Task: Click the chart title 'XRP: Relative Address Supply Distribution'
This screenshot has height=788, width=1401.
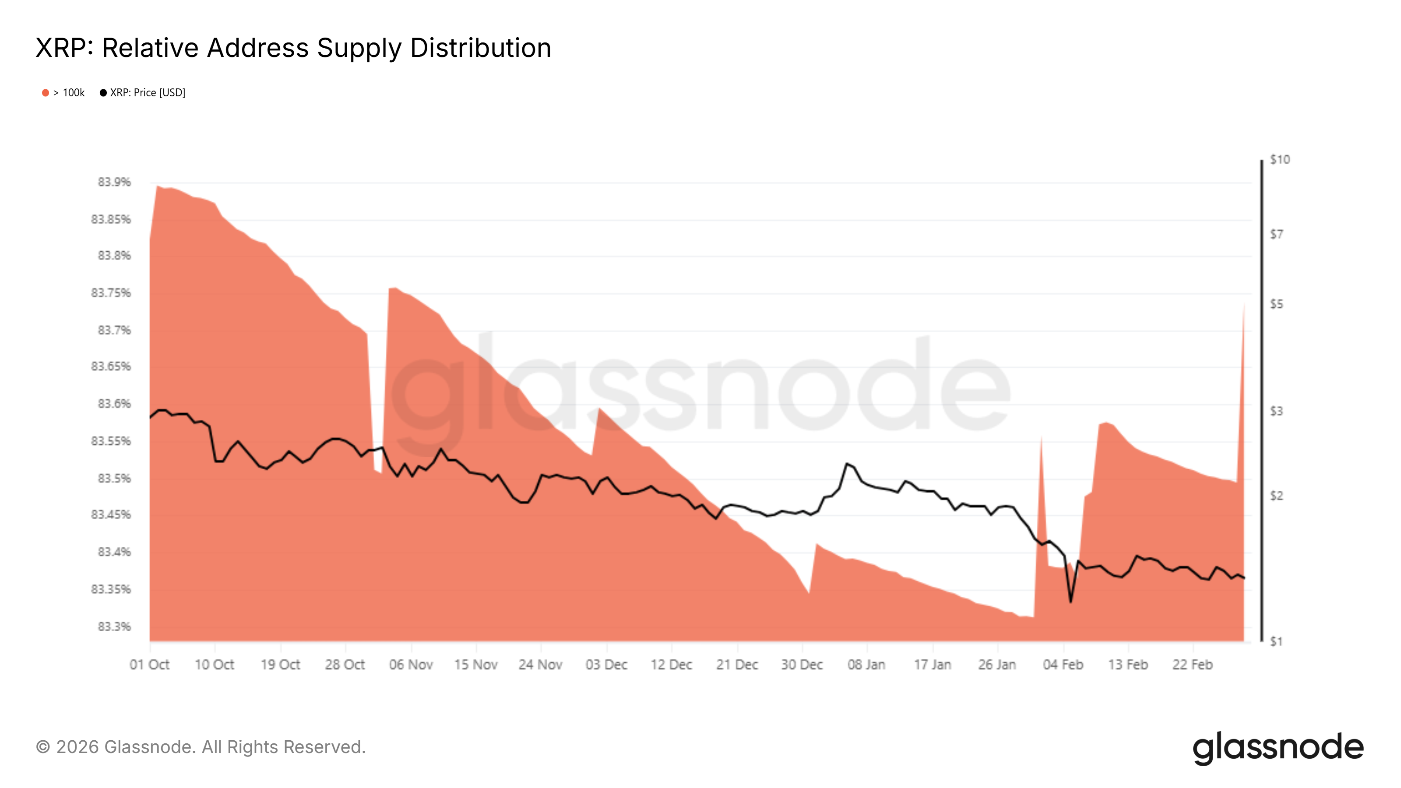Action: pos(293,48)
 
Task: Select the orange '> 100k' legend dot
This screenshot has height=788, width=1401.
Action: pos(46,93)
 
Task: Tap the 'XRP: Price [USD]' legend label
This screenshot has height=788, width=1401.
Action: pos(148,93)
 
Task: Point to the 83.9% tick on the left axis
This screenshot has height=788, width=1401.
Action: pos(114,182)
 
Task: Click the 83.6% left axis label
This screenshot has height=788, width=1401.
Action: pos(114,404)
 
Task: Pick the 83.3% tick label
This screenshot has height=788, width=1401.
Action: pos(114,627)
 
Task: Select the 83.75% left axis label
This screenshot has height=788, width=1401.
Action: pos(111,293)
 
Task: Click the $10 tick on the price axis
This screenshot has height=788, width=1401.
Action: pos(1280,160)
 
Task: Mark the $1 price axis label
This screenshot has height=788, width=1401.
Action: pos(1276,642)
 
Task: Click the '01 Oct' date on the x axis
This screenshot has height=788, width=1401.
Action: pos(150,665)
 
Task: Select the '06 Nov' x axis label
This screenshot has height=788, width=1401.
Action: pos(411,665)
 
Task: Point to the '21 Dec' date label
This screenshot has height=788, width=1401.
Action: pos(737,665)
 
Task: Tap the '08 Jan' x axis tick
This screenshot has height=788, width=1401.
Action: pos(866,665)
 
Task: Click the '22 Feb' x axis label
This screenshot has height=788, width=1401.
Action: pos(1193,665)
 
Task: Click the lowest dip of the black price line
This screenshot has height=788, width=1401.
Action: pos(1071,602)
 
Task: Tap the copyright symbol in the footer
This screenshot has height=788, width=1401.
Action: pos(43,747)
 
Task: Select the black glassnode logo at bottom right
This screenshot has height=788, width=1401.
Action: pos(1278,748)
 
